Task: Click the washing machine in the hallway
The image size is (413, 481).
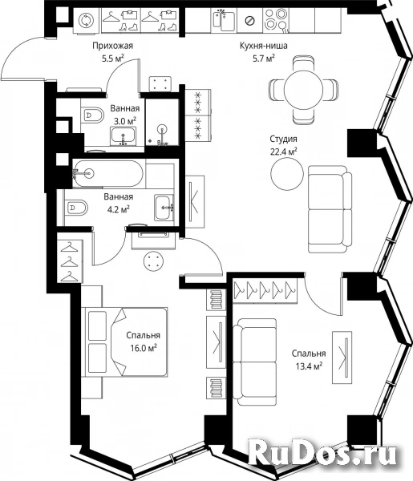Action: click(87, 20)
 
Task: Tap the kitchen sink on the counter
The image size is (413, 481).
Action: click(224, 20)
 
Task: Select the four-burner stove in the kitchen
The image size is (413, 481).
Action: click(276, 20)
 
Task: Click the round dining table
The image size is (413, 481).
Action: click(303, 90)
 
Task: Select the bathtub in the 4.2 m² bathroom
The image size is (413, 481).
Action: click(107, 174)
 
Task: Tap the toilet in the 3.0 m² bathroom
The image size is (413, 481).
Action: click(93, 115)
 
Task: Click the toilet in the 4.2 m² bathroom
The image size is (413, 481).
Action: click(75, 208)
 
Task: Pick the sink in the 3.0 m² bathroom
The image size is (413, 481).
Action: click(123, 136)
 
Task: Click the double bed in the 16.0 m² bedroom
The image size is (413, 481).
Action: click(126, 342)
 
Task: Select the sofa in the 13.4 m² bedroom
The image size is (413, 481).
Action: click(254, 362)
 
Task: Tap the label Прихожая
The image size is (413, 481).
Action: click(113, 46)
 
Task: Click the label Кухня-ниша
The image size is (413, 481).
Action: click(264, 46)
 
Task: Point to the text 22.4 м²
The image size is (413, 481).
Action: click(284, 152)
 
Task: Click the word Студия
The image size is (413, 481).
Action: click(284, 139)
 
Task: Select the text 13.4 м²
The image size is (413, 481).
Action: click(309, 366)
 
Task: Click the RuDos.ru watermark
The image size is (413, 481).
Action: click(322, 454)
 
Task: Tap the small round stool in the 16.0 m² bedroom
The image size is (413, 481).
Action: click(153, 261)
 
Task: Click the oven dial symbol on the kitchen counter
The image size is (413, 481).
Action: click(250, 21)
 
